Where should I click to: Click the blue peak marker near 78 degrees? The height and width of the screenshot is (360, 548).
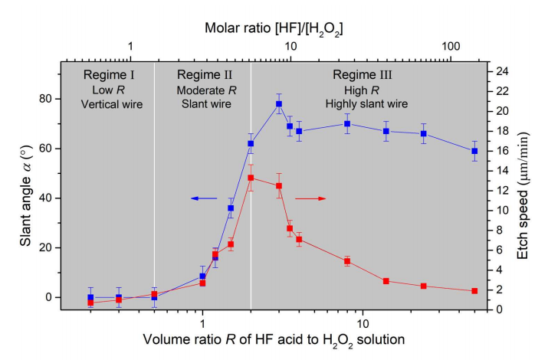(279, 104)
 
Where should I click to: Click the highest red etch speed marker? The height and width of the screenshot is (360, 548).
(251, 178)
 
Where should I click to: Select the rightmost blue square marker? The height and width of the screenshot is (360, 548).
(474, 151)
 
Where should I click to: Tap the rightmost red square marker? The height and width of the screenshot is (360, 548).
(474, 291)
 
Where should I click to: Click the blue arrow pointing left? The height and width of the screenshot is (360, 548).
(205, 198)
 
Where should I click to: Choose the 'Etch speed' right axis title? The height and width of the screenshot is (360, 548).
(523, 191)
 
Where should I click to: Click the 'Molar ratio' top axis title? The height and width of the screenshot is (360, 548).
(274, 29)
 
